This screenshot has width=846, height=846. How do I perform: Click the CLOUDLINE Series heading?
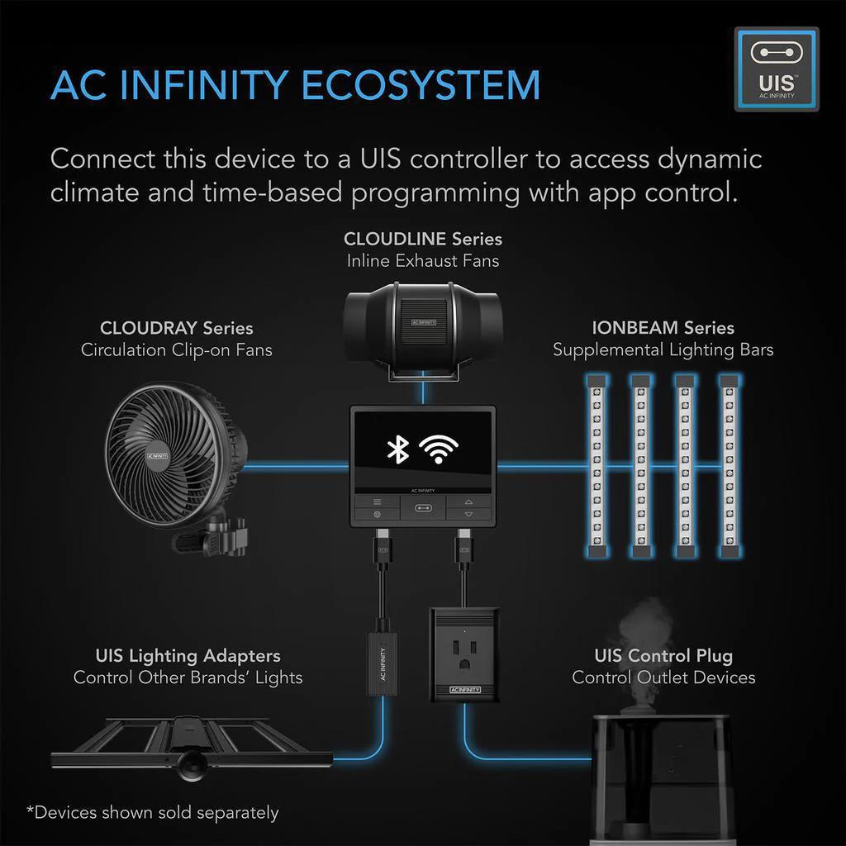[x=422, y=239]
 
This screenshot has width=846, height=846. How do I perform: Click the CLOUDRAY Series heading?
[x=176, y=328]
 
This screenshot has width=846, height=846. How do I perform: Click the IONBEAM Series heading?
[x=663, y=327]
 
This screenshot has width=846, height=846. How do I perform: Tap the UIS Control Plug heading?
[x=663, y=656]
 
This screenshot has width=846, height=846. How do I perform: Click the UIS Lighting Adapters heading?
[x=188, y=656]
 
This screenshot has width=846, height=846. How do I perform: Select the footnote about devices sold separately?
[x=152, y=812]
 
